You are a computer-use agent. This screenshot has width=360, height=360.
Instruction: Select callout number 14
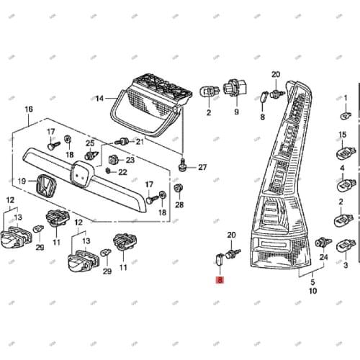tap(100, 97)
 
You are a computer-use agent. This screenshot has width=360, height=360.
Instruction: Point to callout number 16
tap(29, 109)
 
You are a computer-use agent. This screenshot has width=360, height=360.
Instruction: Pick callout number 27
tap(202, 167)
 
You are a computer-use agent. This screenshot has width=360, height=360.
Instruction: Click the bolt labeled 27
tap(184, 165)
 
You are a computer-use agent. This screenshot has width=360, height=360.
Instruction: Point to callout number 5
tap(312, 282)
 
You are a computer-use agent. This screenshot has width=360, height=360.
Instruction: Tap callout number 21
tap(140, 142)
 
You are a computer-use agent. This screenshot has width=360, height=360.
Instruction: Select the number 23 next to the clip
tap(130, 160)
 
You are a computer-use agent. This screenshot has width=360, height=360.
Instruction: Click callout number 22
tap(122, 171)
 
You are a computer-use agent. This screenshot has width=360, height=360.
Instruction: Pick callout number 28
tap(179, 205)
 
